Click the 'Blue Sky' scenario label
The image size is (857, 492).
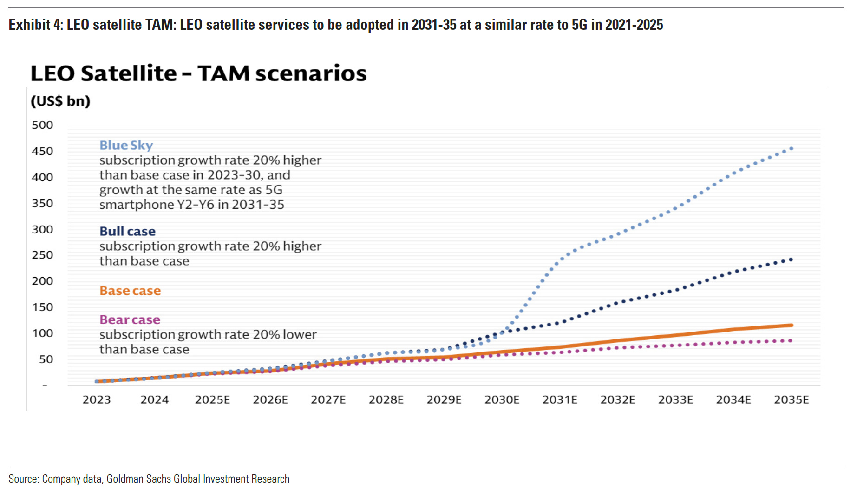(x=126, y=145)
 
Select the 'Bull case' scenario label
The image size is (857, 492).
(x=127, y=231)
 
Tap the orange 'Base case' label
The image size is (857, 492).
(x=130, y=291)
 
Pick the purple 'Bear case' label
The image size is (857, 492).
(x=130, y=319)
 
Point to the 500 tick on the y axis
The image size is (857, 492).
(x=42, y=125)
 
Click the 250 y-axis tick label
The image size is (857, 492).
(x=42, y=255)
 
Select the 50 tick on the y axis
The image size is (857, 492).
(x=46, y=359)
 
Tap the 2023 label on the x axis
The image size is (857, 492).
(x=97, y=400)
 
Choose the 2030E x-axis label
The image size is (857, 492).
(x=502, y=400)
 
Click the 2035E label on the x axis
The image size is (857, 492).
(x=791, y=400)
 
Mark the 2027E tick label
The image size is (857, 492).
(x=328, y=400)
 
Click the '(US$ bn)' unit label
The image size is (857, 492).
(x=60, y=101)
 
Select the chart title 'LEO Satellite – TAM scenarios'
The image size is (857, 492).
(x=198, y=73)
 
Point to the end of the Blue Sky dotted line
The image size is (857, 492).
(x=791, y=149)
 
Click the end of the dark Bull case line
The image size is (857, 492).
(x=791, y=259)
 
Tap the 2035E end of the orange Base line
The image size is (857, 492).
(x=791, y=325)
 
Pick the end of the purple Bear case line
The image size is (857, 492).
(x=791, y=341)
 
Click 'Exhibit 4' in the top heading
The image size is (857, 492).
(x=35, y=25)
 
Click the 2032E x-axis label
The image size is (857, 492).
(x=617, y=400)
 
